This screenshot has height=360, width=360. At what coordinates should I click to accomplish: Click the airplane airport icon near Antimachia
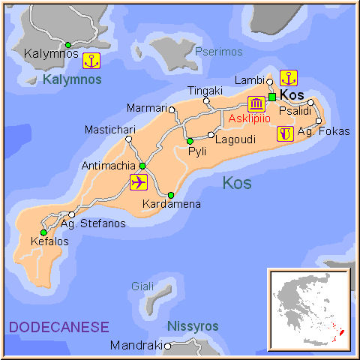click(x=139, y=182)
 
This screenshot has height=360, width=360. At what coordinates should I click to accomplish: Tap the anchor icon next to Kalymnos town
click(x=91, y=61)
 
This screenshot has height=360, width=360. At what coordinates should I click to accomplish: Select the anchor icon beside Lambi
click(x=289, y=77)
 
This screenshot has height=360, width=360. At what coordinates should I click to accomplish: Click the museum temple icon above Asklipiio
click(x=256, y=104)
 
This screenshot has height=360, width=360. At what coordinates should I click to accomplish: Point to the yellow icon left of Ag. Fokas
click(x=285, y=133)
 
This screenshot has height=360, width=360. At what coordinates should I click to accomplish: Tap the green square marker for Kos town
click(x=272, y=97)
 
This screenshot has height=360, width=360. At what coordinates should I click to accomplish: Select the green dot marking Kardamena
click(x=171, y=195)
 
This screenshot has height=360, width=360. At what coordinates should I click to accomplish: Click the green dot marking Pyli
click(x=190, y=141)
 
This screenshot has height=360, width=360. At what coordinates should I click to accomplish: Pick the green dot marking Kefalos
click(x=43, y=232)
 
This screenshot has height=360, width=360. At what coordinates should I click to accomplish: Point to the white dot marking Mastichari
click(x=129, y=139)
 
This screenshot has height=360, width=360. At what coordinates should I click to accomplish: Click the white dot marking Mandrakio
click(x=168, y=346)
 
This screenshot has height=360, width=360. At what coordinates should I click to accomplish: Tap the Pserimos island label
click(x=219, y=52)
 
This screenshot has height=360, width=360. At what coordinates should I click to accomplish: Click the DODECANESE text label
click(x=58, y=327)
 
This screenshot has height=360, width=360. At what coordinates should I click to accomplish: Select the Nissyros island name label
click(x=193, y=326)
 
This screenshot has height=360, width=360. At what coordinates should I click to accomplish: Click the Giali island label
click(x=142, y=286)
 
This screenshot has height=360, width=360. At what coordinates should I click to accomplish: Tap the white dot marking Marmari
click(x=172, y=109)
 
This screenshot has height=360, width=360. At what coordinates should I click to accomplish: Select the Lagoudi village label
click(x=235, y=139)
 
